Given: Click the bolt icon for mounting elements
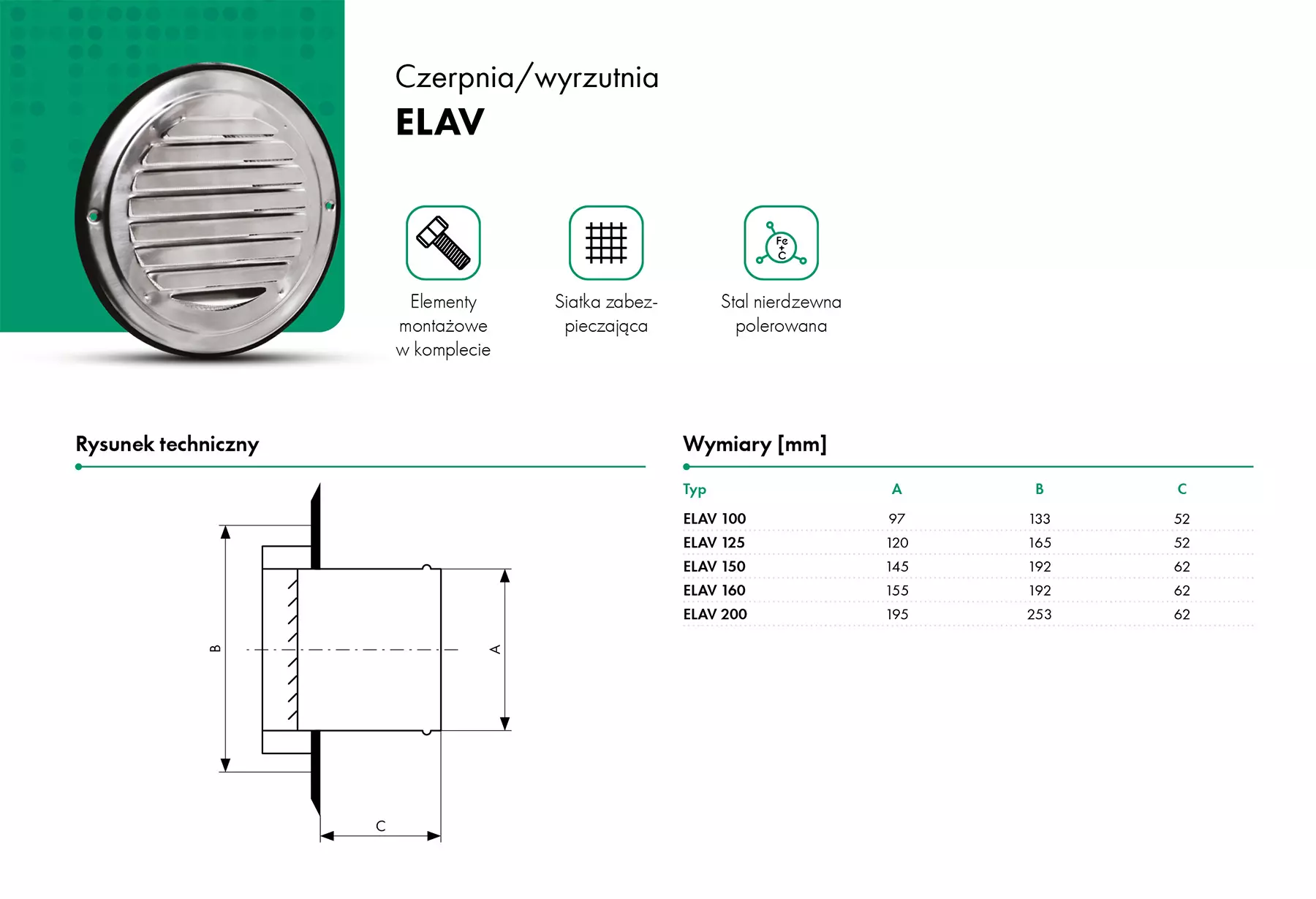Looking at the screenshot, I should coord(443,243).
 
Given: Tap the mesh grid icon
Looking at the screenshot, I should coord(606,243).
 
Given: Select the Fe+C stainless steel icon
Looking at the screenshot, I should coord(781,243).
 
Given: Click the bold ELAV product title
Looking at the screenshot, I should coord(440,122).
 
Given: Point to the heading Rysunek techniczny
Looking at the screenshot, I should coord(167,444).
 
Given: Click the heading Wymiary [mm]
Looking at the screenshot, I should coord(755,444).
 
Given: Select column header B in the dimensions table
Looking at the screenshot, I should coord(1039,489).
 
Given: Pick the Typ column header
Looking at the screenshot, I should coord(695,490).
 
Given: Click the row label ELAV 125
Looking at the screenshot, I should coord(714,543).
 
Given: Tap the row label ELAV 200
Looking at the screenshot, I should coord(715,615).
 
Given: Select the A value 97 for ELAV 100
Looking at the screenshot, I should coord(897,519).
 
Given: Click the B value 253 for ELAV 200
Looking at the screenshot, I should coord(1039,615).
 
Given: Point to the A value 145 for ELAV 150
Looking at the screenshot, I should coord(897,567).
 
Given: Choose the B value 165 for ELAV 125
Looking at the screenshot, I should coord(1039,543).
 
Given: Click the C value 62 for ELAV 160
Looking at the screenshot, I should coord(1181,591).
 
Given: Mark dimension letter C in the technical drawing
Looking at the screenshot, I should coord(380,826).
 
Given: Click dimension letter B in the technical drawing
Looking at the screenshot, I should coord(216,648).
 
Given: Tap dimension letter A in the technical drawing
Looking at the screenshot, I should coord(496,649).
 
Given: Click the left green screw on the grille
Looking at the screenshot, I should coord(94,216).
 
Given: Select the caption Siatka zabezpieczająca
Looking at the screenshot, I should coord(606,314).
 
